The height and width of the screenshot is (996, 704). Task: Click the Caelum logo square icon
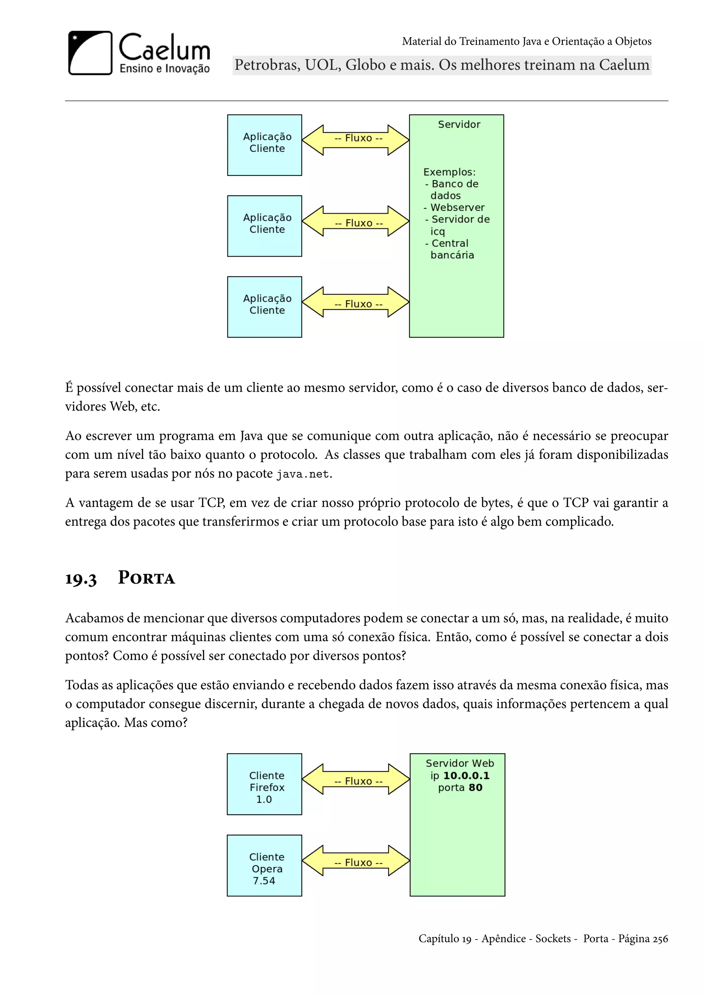[x=90, y=53]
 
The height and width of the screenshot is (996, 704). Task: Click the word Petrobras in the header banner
[x=267, y=65]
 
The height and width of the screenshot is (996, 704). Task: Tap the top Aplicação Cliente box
[x=264, y=145]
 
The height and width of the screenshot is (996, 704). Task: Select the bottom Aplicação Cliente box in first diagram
[x=264, y=307]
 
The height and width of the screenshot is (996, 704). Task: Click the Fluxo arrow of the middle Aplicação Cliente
[x=355, y=221]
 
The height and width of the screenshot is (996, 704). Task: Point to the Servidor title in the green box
[x=459, y=124]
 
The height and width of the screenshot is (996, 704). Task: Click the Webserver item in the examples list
[x=457, y=207]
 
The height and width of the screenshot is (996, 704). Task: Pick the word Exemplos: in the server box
[x=449, y=172]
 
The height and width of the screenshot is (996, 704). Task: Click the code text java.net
[x=303, y=474]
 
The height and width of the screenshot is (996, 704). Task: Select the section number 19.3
[x=81, y=579]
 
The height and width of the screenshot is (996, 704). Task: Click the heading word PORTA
[x=146, y=578]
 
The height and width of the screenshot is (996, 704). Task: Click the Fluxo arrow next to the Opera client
[x=355, y=860]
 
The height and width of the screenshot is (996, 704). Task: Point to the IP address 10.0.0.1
[x=466, y=776]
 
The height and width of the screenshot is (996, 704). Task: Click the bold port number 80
[x=475, y=787]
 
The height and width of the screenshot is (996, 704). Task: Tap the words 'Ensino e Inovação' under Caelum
[x=164, y=68]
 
